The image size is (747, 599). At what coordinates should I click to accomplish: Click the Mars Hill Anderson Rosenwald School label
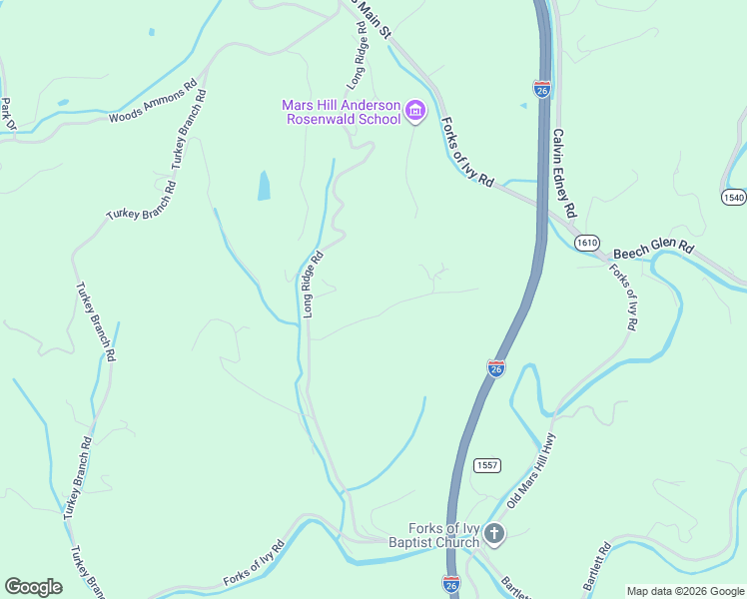pos(341,112)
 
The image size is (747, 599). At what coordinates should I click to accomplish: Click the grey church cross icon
pos(494,535)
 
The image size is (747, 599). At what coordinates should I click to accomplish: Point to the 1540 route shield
pos(734,197)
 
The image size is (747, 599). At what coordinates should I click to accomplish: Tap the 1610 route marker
pos(587,243)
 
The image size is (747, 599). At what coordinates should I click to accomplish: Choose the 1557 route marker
pos(487,466)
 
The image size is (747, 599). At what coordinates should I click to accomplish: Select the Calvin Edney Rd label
pos(564,173)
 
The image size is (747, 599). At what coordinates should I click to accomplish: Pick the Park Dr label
pos(7,113)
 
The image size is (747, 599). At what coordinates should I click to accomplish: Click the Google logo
pos(33,587)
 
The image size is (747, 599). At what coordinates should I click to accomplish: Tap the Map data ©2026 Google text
pos(685,591)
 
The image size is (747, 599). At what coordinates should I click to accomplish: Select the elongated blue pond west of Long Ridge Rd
pos(264,185)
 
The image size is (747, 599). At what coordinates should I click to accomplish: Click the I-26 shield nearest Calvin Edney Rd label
pos(542,89)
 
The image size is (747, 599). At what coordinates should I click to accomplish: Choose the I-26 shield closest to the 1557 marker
pos(496,368)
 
